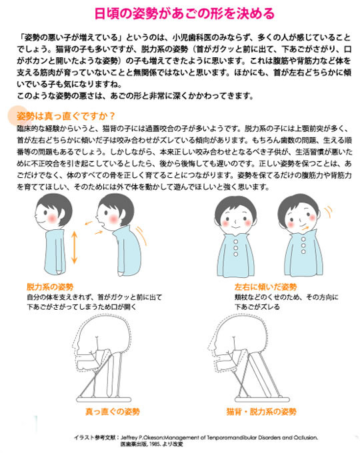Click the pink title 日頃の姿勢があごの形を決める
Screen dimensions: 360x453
(x=185, y=13)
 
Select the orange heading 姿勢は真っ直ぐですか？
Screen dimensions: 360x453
(x=66, y=116)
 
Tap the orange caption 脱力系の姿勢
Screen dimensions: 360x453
(x=50, y=287)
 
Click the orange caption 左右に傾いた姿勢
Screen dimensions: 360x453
(x=265, y=287)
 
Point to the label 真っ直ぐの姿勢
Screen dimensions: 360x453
(x=113, y=412)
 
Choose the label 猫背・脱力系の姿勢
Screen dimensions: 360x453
(x=261, y=412)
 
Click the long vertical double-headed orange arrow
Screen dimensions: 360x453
(x=74, y=247)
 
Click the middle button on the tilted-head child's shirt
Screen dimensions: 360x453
(x=303, y=245)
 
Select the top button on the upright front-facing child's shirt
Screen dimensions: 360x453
(x=235, y=242)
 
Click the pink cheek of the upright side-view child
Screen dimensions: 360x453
(x=53, y=219)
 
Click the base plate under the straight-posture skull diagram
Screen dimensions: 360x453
(x=104, y=400)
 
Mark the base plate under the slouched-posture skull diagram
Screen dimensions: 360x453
(x=262, y=399)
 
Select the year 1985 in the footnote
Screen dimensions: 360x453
(x=155, y=444)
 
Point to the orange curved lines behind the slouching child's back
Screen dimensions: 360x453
(x=142, y=234)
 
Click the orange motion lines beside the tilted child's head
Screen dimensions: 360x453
(x=328, y=213)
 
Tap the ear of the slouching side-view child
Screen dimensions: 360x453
(x=123, y=215)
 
